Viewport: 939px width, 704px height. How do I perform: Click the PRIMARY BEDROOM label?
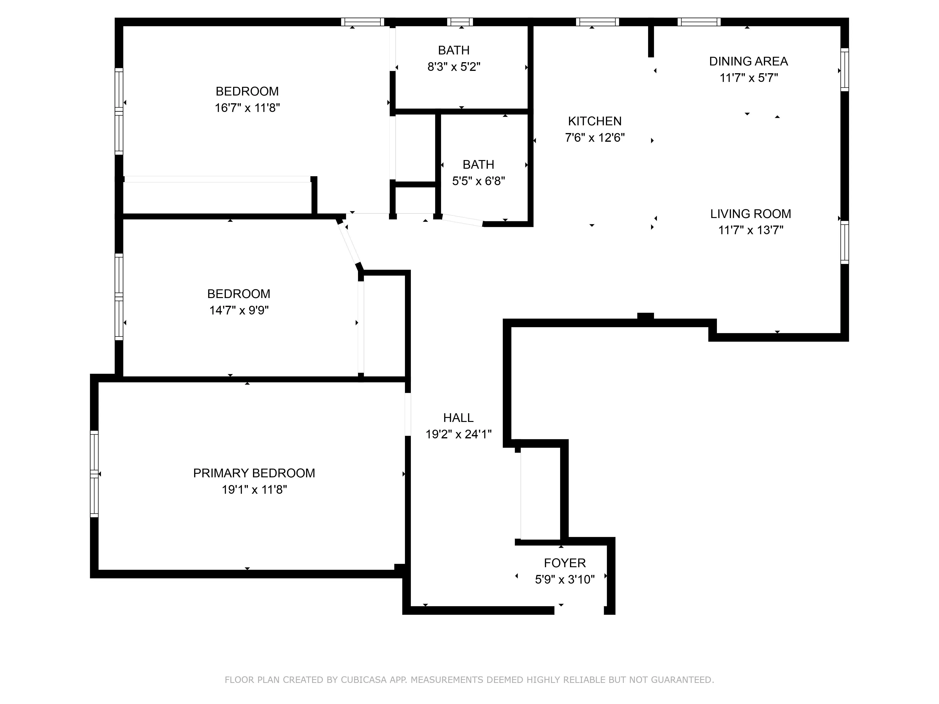pyautogui.click(x=254, y=473)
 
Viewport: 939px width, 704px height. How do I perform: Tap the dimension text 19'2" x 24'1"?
pyautogui.click(x=458, y=435)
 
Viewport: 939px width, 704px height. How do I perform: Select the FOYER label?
pyautogui.click(x=565, y=563)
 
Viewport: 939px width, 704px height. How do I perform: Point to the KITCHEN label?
pyautogui.click(x=595, y=121)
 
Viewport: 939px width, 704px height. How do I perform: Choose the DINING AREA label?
pyautogui.click(x=748, y=61)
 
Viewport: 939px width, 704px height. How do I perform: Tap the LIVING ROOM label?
pyautogui.click(x=750, y=214)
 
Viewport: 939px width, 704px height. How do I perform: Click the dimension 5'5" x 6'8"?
pyautogui.click(x=478, y=181)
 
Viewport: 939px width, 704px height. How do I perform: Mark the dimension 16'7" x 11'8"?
pyautogui.click(x=247, y=108)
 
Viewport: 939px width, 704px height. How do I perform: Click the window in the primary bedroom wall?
pyautogui.click(x=94, y=474)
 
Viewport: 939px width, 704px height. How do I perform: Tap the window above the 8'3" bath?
pyautogui.click(x=460, y=22)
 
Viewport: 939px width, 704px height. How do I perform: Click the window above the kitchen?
pyautogui.click(x=597, y=22)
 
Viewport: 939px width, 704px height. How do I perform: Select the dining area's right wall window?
pyautogui.click(x=845, y=70)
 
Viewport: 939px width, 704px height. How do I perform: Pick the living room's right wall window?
pyautogui.click(x=845, y=242)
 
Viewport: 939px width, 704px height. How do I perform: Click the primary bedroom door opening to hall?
pyautogui.click(x=408, y=414)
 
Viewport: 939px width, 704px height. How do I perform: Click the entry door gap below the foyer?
pyautogui.click(x=579, y=610)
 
